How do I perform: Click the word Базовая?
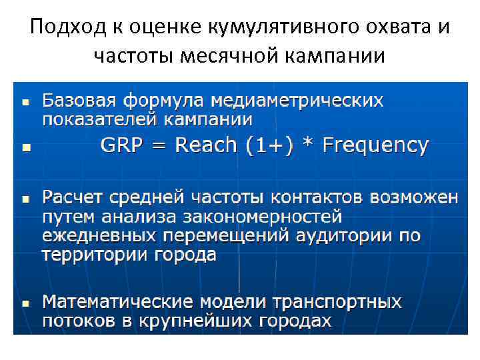click(75, 101)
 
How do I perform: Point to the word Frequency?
click(375, 145)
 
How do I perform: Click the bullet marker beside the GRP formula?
click(25, 147)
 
